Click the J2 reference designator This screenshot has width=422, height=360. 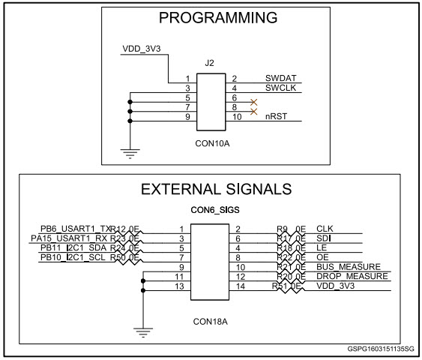[210, 63]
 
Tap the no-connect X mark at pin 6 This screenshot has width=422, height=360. [254, 101]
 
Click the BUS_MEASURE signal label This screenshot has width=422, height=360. [349, 267]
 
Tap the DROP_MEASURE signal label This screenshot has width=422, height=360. [352, 277]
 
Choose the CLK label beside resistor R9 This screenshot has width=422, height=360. [325, 228]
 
